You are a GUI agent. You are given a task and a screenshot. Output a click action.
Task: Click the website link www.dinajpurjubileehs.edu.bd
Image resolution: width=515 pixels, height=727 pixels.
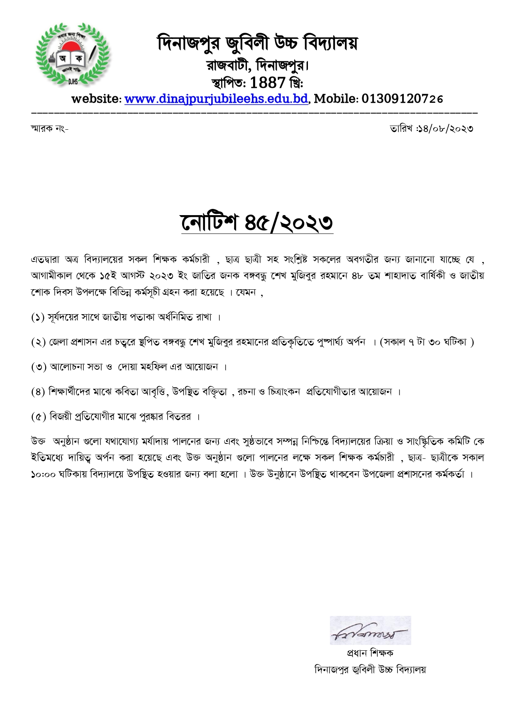(216, 99)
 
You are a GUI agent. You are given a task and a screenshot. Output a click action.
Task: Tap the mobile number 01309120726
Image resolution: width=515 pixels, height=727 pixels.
(402, 99)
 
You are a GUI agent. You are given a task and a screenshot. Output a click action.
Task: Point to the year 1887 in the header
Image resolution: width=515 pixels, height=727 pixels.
(268, 83)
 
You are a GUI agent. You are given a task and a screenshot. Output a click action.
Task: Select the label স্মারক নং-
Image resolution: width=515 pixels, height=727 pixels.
(49, 128)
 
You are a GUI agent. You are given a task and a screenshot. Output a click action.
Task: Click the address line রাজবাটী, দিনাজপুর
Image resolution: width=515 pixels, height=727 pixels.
(257, 65)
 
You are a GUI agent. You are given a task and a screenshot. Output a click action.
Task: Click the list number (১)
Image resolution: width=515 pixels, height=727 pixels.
(38, 317)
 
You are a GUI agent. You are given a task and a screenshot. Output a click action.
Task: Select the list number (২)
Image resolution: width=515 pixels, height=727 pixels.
(38, 342)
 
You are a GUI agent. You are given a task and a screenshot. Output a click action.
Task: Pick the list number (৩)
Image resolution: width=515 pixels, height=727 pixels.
(39, 367)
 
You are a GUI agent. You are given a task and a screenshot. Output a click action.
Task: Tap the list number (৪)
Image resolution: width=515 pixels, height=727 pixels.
(38, 392)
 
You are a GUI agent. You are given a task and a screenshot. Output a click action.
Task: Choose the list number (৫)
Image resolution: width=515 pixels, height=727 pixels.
(39, 417)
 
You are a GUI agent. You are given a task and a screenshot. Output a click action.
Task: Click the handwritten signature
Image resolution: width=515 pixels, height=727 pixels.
(370, 630)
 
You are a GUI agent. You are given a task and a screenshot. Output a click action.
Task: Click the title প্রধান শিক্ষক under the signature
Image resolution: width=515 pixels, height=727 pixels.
(370, 653)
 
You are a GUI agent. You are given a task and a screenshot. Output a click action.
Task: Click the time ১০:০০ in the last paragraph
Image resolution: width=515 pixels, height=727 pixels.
(43, 475)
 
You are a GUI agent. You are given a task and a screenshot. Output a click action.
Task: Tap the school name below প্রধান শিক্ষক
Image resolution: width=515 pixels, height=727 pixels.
(370, 669)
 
